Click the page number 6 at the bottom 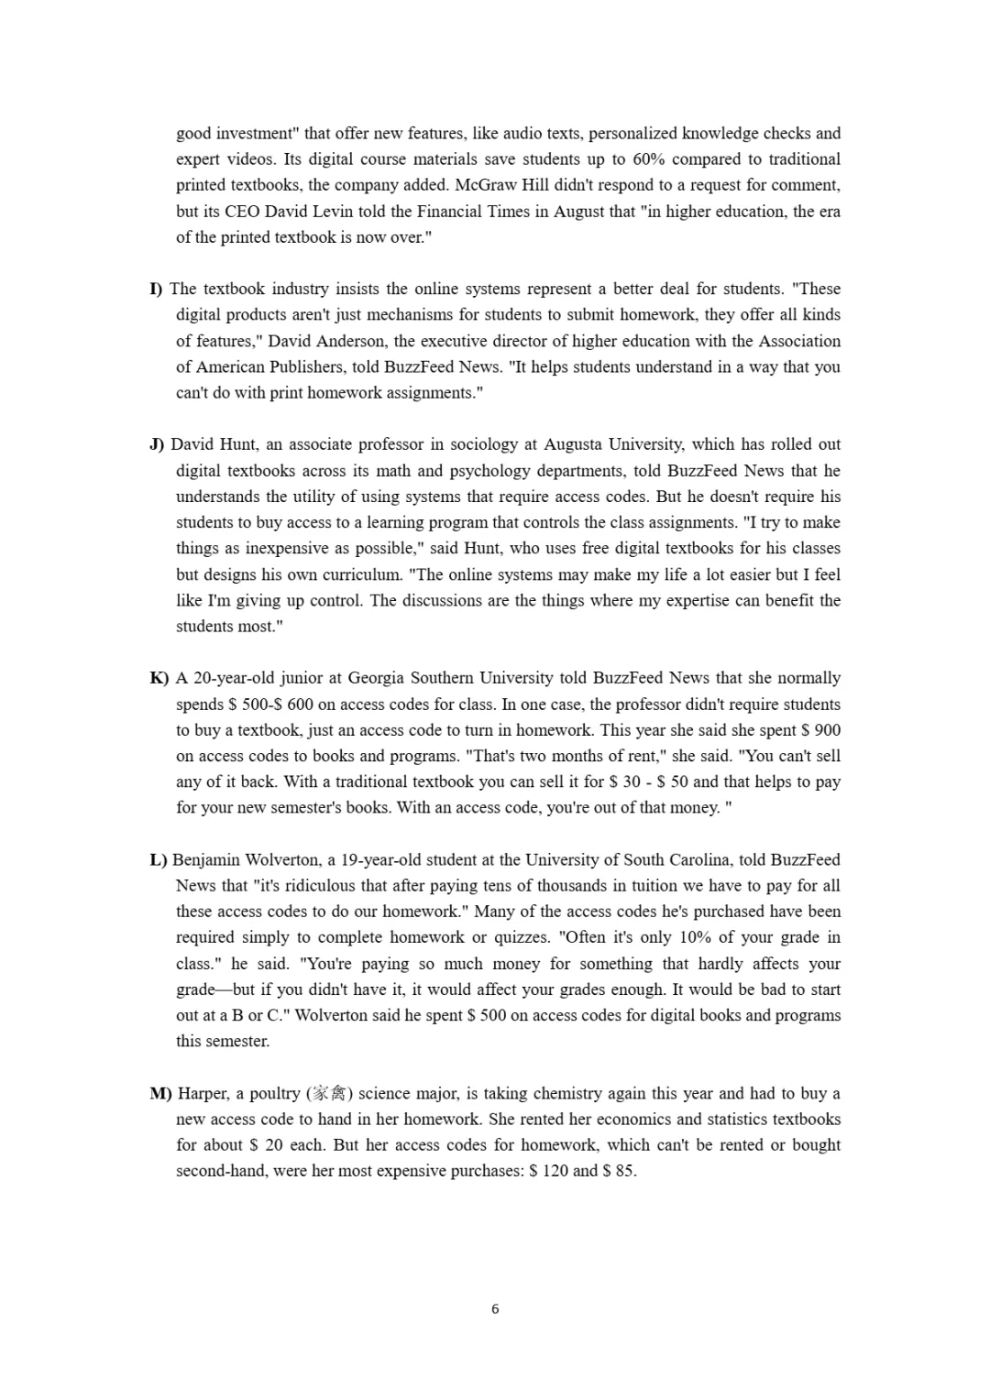(495, 1309)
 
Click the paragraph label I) (156, 289)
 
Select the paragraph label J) (157, 444)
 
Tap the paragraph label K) (159, 678)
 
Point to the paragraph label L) (158, 859)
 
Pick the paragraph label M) (160, 1093)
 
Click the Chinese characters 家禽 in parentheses (326, 1093)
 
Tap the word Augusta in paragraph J (575, 444)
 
